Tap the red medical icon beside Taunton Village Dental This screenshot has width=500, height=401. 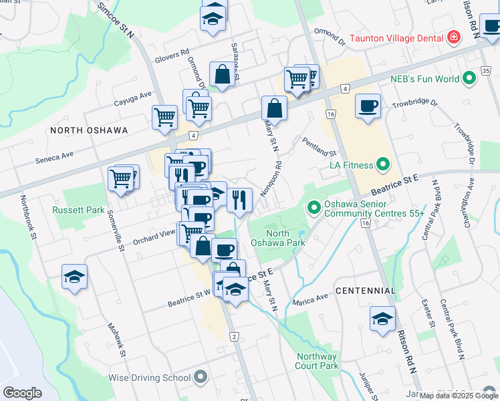coord(454,36)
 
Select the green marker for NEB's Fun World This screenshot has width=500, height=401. coord(469,79)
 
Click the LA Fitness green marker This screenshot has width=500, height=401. coord(383,163)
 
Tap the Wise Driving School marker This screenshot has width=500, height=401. coord(201,378)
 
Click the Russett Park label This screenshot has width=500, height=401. coord(79,210)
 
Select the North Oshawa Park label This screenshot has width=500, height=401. coord(285,238)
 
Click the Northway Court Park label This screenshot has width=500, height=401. coord(317,361)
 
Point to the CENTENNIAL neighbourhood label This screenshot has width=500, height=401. coord(365,291)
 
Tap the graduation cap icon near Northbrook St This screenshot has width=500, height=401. coord(75,276)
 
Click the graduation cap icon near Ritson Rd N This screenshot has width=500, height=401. coord(382,318)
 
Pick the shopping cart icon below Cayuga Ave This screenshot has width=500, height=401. coord(164,117)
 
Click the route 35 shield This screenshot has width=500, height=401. coord(487,72)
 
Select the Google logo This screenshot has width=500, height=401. coord(22,393)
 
